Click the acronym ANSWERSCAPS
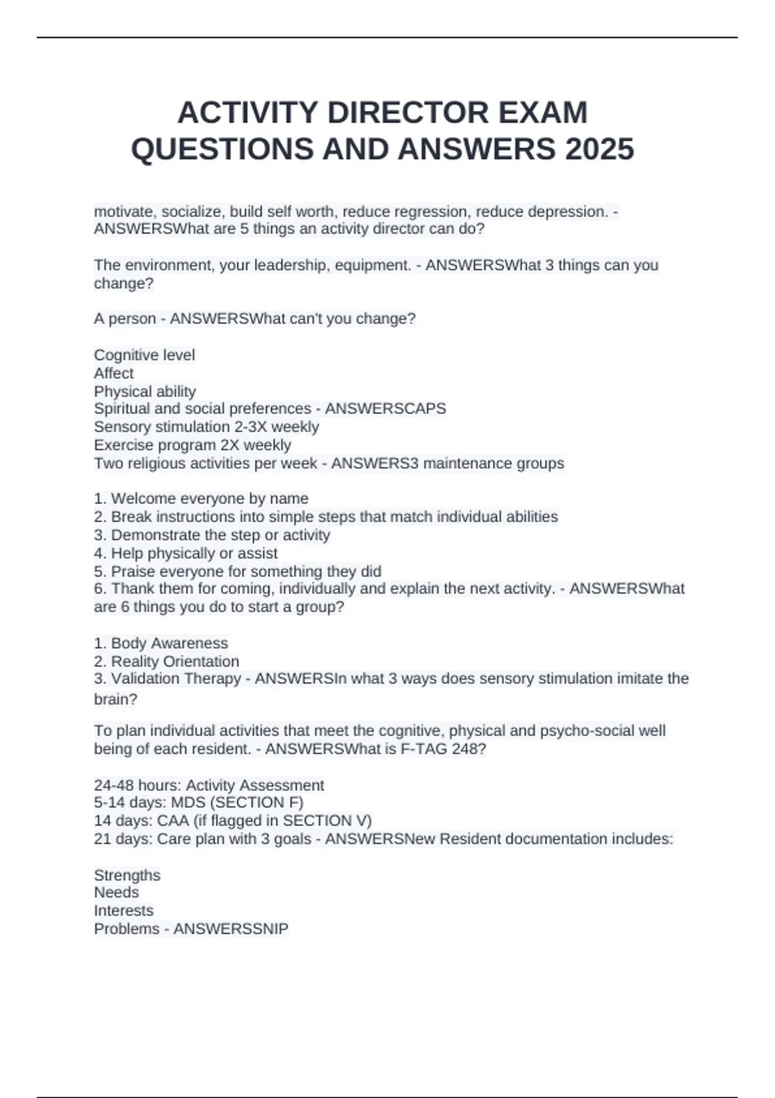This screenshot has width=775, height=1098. coord(386,409)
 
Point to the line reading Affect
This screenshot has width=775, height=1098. coord(114,373)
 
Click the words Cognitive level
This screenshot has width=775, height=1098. coord(144,355)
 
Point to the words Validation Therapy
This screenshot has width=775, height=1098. coord(176,679)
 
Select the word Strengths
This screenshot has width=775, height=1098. coord(127,875)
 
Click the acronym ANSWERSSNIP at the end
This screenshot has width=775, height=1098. coord(231,929)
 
